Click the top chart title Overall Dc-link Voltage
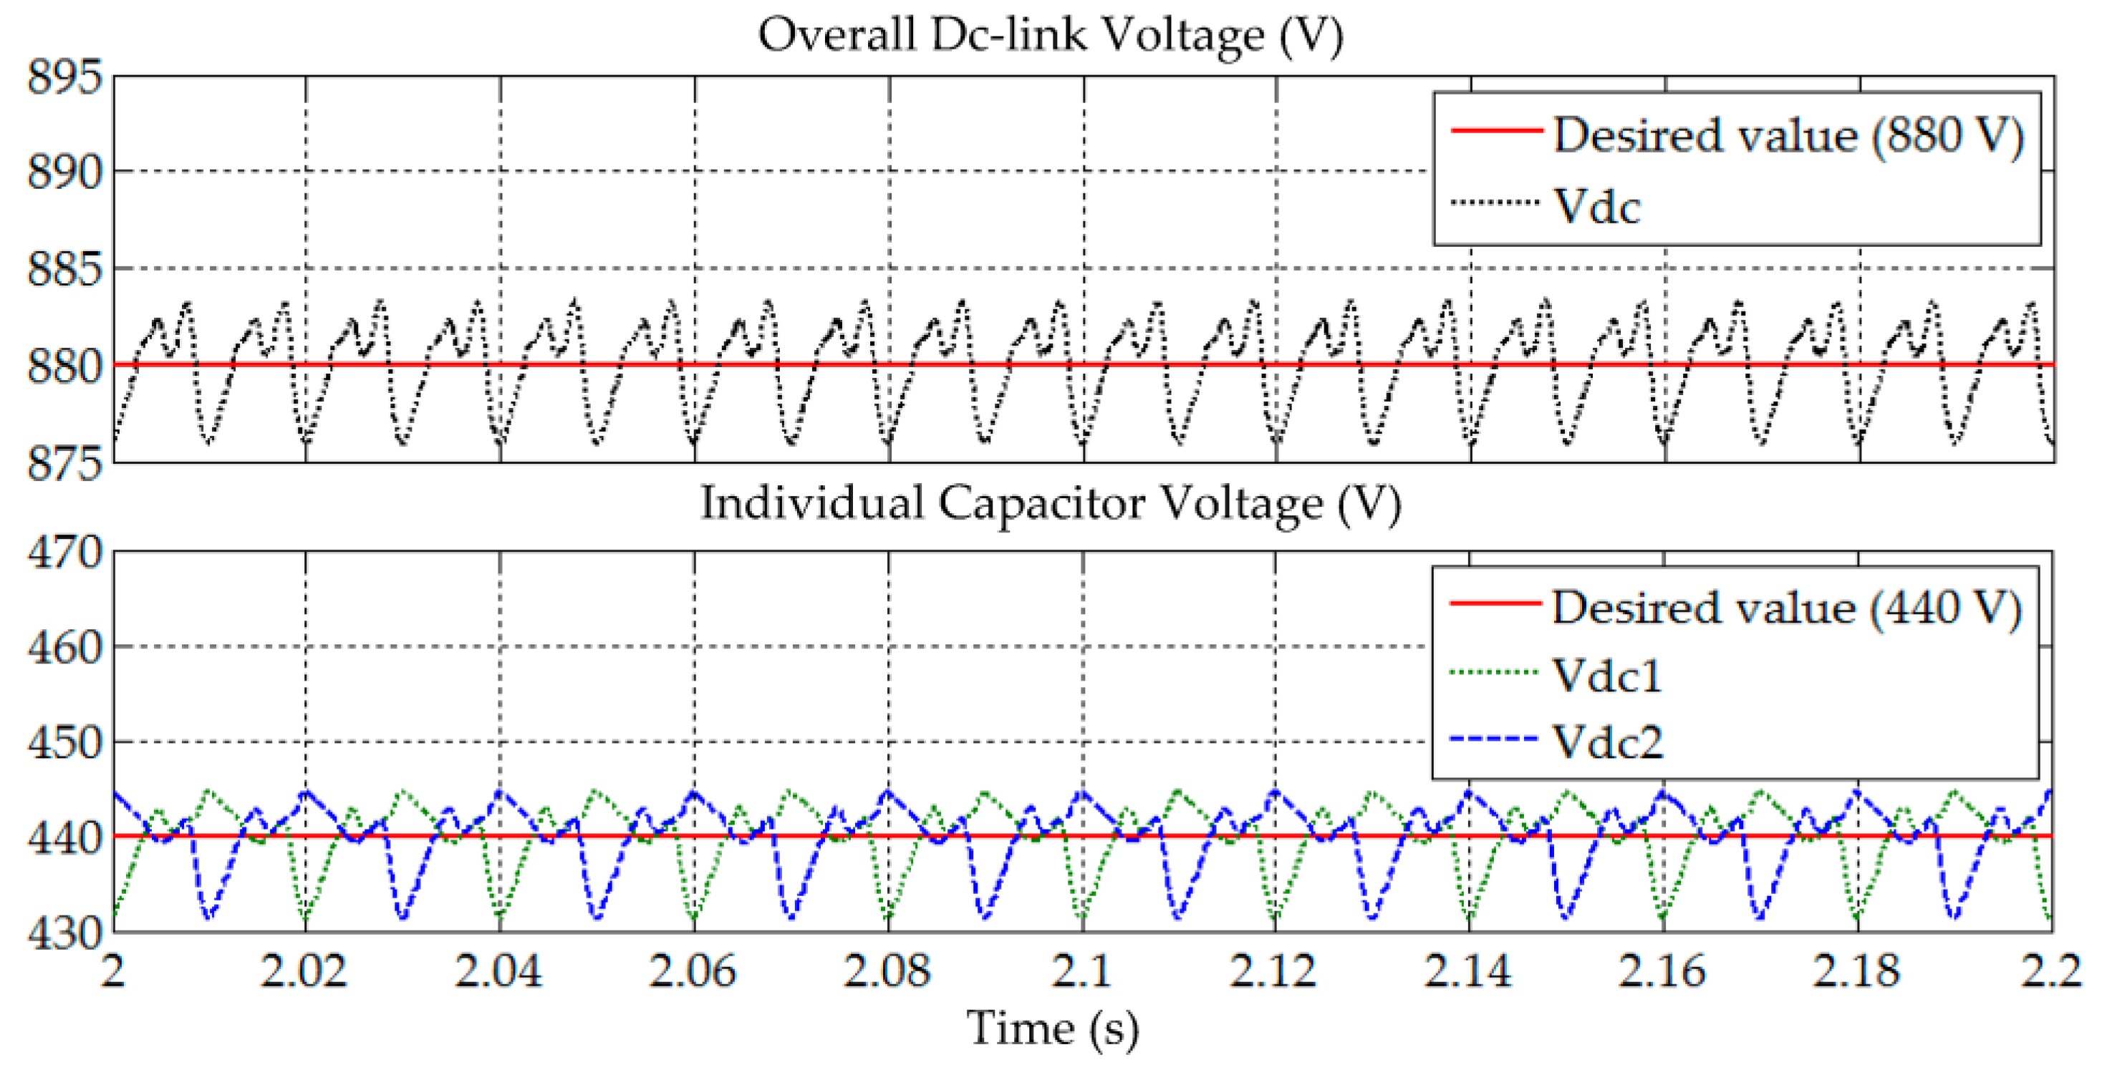coord(1050,36)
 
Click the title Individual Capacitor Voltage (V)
coord(1050,503)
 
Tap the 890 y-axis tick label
coord(65,173)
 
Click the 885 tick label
coord(65,269)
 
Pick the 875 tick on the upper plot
coord(65,463)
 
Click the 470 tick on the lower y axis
coord(65,553)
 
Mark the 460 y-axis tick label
coord(65,648)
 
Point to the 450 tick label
coord(65,743)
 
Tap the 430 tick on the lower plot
coord(65,932)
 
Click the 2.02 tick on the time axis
coord(304,971)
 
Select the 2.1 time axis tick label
coord(1081,971)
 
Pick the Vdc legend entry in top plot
coord(1595,206)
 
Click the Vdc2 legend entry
coord(1606,742)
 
